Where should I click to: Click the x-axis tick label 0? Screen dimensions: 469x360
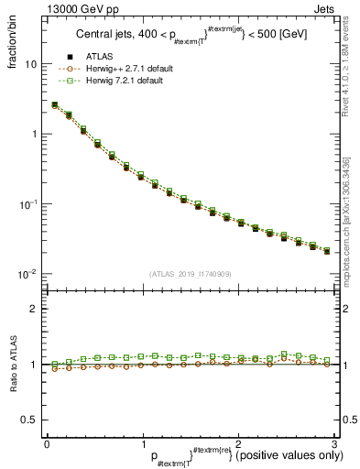coord(47,443)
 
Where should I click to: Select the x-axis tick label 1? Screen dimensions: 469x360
coord(142,443)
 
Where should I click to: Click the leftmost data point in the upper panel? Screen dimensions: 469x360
coord(55,105)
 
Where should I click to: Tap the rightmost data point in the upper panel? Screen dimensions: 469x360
coord(327,250)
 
